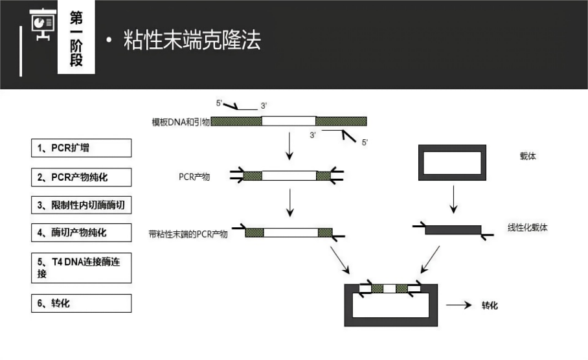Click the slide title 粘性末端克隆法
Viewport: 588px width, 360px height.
point(192,39)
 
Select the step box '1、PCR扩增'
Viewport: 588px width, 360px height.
point(82,148)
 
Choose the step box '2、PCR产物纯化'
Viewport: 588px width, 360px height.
point(82,177)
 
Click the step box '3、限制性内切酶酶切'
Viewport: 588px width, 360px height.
point(82,205)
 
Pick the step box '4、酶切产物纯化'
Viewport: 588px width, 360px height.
point(82,232)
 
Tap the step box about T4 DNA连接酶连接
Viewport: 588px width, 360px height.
point(82,268)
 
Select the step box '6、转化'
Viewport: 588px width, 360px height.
point(82,303)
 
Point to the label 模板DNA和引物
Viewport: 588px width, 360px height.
point(181,122)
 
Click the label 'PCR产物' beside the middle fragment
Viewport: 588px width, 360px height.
point(194,177)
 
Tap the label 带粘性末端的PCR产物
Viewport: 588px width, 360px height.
point(188,234)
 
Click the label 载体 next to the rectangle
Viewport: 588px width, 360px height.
point(528,156)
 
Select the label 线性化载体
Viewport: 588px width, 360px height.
point(527,227)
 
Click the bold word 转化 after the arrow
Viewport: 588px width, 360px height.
point(490,305)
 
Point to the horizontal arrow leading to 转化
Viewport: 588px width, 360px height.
point(458,305)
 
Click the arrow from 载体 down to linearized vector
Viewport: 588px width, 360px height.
point(453,199)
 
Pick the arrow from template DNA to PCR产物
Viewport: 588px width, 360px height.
point(289,146)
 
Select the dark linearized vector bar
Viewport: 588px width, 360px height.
point(453,230)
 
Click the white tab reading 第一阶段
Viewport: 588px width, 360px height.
point(76,37)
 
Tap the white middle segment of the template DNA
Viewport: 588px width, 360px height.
point(289,120)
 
